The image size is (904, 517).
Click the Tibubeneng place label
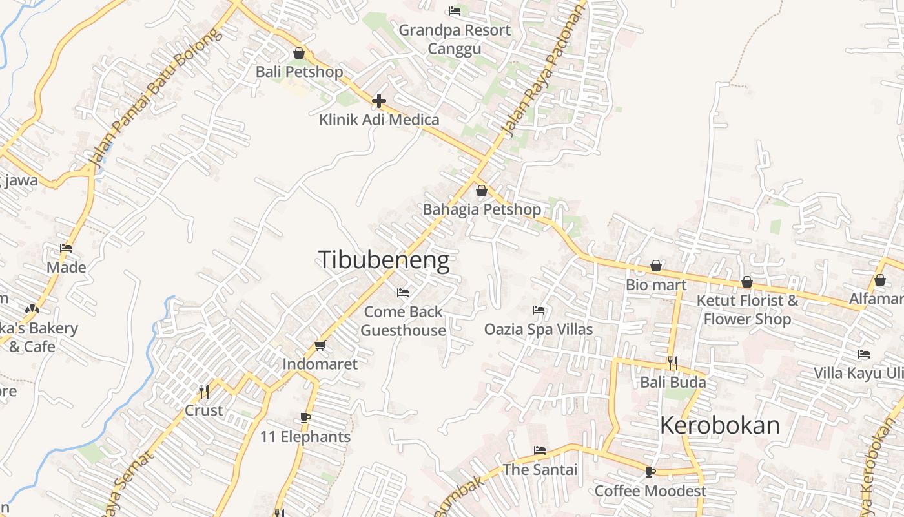(384, 260)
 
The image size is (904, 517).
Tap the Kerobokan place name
(720, 425)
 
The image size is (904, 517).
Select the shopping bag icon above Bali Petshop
(299, 53)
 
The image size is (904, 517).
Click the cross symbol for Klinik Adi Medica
(379, 101)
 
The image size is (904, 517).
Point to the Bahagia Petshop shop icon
(481, 191)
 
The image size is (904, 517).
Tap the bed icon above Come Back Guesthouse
(403, 293)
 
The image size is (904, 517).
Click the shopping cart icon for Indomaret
(320, 346)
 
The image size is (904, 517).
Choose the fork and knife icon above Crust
(204, 392)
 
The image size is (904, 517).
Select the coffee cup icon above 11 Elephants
(305, 418)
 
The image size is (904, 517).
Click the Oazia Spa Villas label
(539, 330)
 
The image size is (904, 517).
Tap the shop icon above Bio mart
(656, 266)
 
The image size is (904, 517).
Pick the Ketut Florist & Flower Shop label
(747, 310)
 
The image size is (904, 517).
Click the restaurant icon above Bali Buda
(673, 363)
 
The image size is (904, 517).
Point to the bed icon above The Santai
(540, 450)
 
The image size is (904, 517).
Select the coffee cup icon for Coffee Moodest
(650, 472)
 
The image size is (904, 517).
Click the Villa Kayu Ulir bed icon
(864, 354)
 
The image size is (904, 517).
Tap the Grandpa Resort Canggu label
(455, 39)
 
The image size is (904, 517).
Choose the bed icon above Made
(66, 248)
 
